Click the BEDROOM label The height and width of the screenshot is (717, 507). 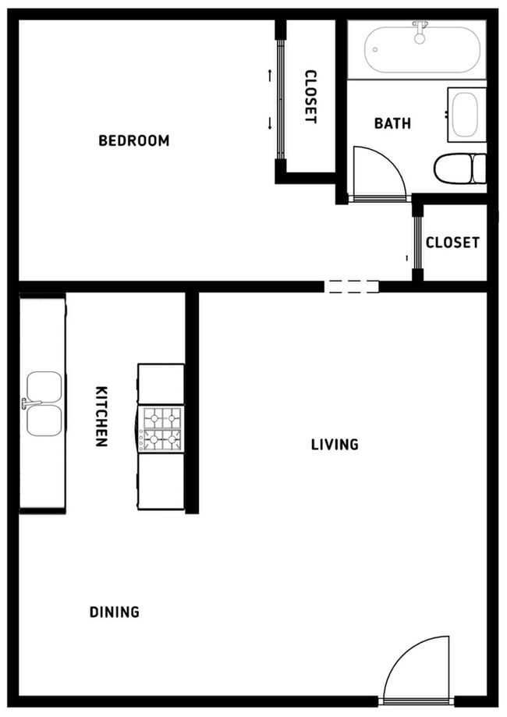tap(133, 141)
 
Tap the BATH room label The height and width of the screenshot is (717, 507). tap(392, 123)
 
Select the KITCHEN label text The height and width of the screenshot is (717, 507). tap(101, 416)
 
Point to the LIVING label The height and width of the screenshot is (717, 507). tap(335, 445)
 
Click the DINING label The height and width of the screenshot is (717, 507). tap(115, 612)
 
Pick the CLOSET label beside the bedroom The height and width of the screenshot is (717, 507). tap(310, 97)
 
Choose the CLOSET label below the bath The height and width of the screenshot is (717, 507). tap(452, 243)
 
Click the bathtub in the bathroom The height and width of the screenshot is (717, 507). tap(424, 51)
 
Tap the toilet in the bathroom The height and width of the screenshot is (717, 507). tap(460, 168)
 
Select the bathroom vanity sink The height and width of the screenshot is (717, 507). tap(466, 115)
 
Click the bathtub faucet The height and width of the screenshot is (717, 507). tap(420, 31)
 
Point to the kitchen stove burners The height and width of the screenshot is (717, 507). tap(162, 430)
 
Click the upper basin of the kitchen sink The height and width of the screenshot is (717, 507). tap(44, 386)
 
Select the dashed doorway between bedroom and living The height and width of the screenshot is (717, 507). tap(351, 286)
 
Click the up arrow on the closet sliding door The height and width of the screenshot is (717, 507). tap(270, 76)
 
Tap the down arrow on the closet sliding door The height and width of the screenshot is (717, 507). tap(270, 122)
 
